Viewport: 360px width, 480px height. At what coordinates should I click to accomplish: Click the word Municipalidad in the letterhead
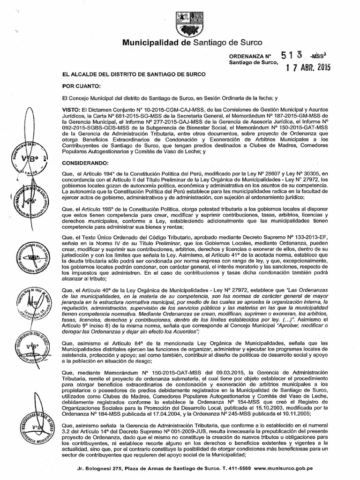point(151,43)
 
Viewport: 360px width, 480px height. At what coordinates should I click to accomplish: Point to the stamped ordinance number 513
point(293,55)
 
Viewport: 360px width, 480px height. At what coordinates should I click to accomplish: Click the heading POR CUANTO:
point(77,86)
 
